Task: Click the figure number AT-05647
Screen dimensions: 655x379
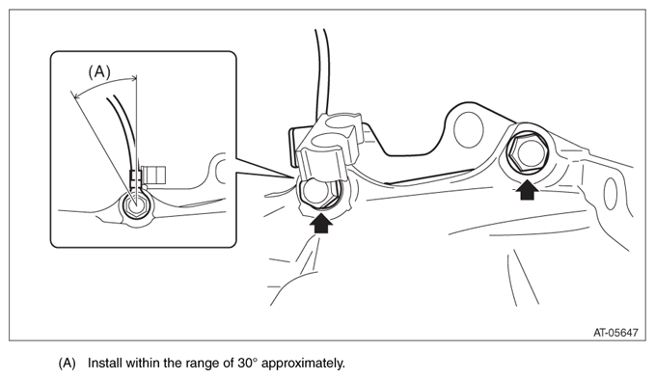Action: point(615,333)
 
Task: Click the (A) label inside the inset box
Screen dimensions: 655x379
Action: point(99,72)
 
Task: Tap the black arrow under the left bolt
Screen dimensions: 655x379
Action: point(321,224)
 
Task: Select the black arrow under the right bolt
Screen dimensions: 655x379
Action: point(527,190)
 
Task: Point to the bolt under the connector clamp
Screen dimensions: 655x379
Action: point(318,193)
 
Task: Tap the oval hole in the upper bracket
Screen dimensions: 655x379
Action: point(468,130)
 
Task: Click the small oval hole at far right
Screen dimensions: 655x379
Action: point(611,193)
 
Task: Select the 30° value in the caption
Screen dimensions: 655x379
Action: point(247,363)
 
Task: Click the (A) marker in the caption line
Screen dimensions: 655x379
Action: point(67,364)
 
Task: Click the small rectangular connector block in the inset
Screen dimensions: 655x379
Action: point(153,175)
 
